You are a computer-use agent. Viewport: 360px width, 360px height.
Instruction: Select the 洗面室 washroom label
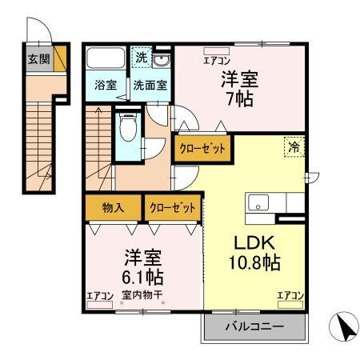tap(150, 85)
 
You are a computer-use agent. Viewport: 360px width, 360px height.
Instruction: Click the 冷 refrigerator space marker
tap(294, 146)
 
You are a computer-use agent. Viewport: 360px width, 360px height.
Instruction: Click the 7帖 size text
tap(240, 100)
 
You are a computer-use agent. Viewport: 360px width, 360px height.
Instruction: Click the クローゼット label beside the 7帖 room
tap(202, 149)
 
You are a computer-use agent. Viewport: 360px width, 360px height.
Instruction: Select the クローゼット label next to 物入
tap(172, 208)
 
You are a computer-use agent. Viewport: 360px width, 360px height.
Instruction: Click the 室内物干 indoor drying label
tap(143, 296)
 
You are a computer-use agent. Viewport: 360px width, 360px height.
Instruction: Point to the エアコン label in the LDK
tap(290, 296)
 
